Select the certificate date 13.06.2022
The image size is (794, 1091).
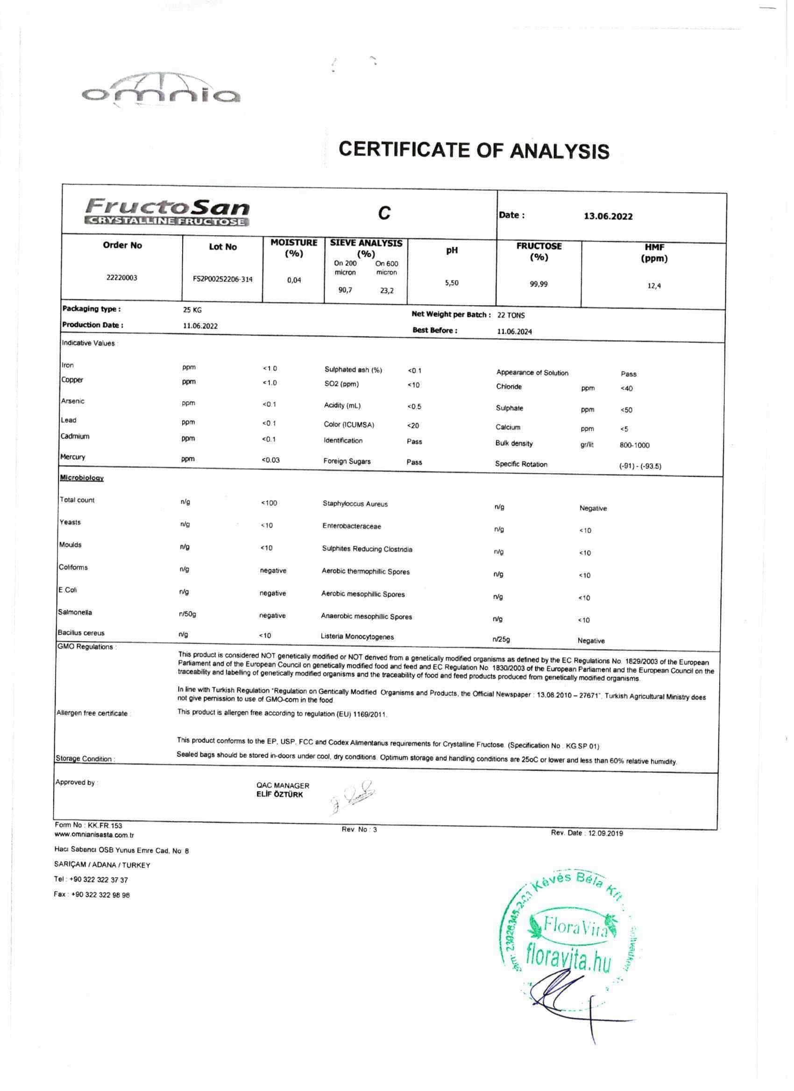click(x=608, y=217)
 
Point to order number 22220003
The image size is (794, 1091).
click(x=122, y=278)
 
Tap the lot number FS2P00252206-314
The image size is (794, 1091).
click(x=222, y=280)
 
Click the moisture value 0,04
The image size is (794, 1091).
click(x=294, y=280)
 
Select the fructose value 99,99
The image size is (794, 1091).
click(x=539, y=284)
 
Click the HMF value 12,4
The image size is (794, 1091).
click(x=654, y=286)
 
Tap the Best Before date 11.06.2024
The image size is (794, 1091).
click(x=514, y=331)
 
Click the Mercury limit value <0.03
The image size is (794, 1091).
click(x=270, y=461)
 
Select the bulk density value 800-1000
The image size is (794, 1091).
click(x=634, y=446)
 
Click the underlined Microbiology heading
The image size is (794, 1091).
click(x=81, y=478)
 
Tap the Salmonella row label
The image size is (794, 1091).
click(x=75, y=612)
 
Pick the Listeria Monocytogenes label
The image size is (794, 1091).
click(x=357, y=637)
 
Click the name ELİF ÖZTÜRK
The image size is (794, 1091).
click(x=280, y=795)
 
